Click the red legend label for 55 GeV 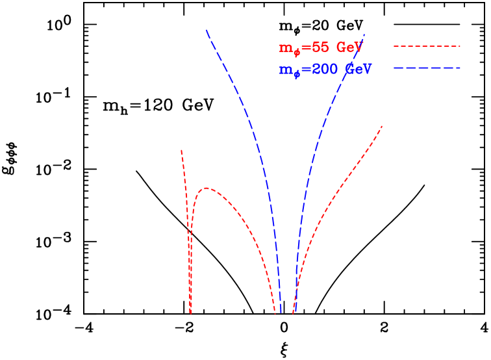pyautogui.click(x=320, y=49)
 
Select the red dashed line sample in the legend pyautogui.click(x=427, y=47)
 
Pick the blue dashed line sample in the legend pyautogui.click(x=427, y=68)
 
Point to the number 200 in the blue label pyautogui.click(x=325, y=70)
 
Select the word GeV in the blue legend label pyautogui.click(x=358, y=70)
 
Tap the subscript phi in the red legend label pyautogui.click(x=297, y=53)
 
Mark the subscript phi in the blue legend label pyautogui.click(x=297, y=75)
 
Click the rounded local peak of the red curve pyautogui.click(x=206, y=188)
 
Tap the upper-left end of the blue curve pyautogui.click(x=207, y=30)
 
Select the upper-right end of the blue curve pyautogui.click(x=364, y=34)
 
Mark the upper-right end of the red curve pyautogui.click(x=382, y=126)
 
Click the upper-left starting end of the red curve pyautogui.click(x=181, y=150)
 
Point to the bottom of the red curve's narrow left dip pyautogui.click(x=190, y=313)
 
